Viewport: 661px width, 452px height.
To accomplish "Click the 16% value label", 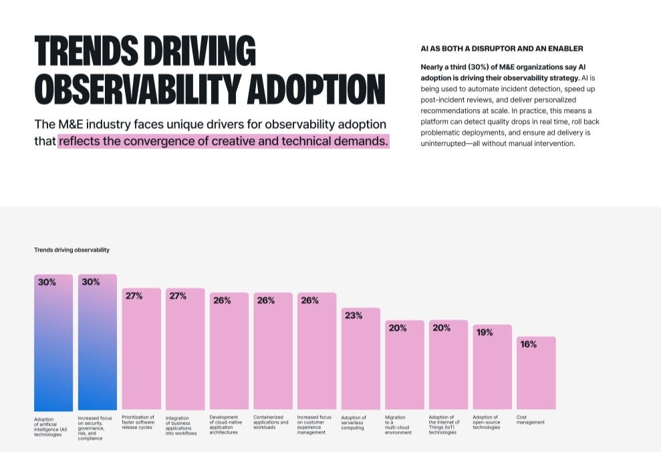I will click(x=529, y=344).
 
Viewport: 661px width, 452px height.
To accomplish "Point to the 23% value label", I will click(x=354, y=316).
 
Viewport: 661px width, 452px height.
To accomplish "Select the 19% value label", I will click(x=485, y=332).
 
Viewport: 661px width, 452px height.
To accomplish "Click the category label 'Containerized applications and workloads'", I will click(x=271, y=422).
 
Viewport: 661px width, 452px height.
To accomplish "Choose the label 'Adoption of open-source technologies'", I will click(x=487, y=422).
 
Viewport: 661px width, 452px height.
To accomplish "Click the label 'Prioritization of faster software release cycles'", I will click(x=138, y=422).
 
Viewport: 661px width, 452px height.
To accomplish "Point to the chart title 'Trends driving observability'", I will click(x=72, y=250).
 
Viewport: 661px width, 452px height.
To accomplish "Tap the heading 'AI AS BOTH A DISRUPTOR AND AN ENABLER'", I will click(x=502, y=49).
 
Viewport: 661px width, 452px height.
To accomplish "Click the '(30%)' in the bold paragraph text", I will click(x=481, y=67).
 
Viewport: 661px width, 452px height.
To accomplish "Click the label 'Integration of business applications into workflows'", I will click(x=181, y=425).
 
